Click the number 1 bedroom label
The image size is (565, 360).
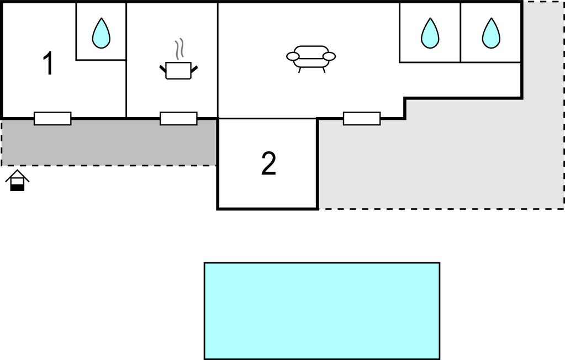coord(49,63)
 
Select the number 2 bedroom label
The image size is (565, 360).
coord(269,163)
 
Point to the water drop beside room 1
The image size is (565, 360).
coord(101,33)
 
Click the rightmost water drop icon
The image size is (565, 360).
coord(491,33)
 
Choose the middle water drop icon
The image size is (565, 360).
coord(430,33)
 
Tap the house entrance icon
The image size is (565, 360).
coord(17,180)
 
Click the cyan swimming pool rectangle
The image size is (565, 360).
coord(322,311)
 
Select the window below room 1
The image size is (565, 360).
coord(52,119)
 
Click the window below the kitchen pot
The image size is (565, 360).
coord(179,119)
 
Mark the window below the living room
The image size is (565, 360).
coord(362,119)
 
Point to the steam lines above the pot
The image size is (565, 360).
coord(179,49)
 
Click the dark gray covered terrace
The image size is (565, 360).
coord(109,142)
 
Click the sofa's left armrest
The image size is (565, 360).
coord(293,56)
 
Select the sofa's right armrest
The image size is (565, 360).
coord(329,56)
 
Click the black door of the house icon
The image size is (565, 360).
coord(17,187)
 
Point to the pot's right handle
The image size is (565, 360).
coord(194,69)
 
